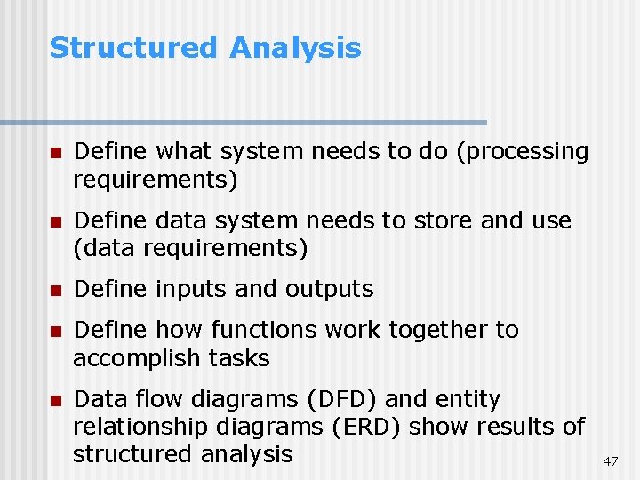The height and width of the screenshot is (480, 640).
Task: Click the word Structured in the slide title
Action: coord(132,48)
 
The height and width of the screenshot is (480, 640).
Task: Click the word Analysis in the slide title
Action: coord(295,48)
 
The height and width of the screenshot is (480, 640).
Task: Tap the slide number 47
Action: coord(610,461)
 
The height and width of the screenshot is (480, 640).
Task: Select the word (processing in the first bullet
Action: coord(522,152)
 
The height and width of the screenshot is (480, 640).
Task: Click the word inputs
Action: coord(188,289)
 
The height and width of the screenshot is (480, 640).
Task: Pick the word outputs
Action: coord(330,289)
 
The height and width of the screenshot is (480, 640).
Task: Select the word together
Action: coord(445,330)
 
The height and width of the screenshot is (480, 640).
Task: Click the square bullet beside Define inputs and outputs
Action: coord(56,290)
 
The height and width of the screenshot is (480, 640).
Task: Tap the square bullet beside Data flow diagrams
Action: coord(56,400)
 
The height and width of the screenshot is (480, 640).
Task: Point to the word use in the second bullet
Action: coord(551,220)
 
